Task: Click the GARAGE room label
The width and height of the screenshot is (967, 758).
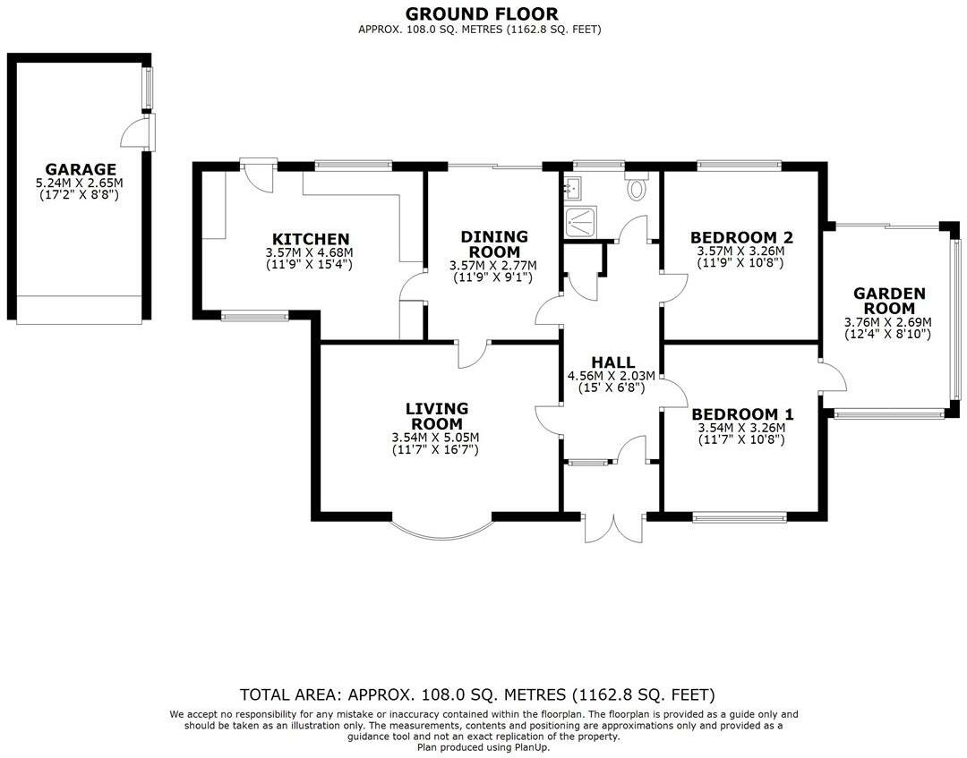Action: click(81, 169)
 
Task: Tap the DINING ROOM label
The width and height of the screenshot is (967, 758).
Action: click(494, 244)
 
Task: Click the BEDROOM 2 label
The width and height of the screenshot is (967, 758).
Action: click(741, 237)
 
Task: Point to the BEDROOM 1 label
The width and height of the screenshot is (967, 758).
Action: click(741, 414)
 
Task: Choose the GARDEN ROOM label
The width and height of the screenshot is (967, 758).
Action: click(888, 301)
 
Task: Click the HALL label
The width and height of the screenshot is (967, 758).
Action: click(612, 362)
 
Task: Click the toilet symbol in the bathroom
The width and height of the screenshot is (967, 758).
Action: click(638, 188)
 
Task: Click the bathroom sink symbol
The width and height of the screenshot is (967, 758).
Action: click(573, 187)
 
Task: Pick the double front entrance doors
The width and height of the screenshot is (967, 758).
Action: click(614, 529)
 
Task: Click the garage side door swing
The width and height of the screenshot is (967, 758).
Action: click(134, 135)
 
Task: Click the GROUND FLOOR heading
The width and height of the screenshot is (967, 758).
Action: click(481, 13)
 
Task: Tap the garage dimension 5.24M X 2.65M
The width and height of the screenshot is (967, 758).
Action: click(81, 183)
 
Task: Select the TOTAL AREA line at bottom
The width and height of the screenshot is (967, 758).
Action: click(477, 694)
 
